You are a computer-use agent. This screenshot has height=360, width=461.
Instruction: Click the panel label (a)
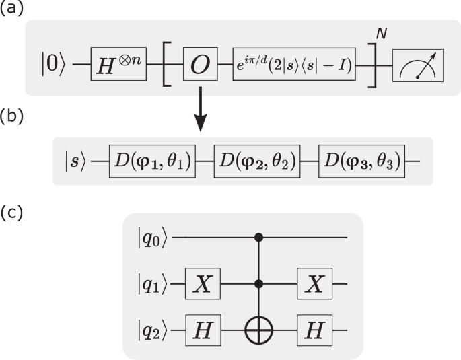pyautogui.click(x=11, y=9)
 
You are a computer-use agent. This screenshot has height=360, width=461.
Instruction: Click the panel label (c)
pyautogui.click(x=11, y=213)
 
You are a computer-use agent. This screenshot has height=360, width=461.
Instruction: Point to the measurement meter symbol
pyautogui.click(x=418, y=69)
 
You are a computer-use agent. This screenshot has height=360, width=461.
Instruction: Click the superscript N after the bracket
pyautogui.click(x=381, y=34)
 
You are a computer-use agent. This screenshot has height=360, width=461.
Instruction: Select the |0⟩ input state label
pyautogui.click(x=53, y=69)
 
